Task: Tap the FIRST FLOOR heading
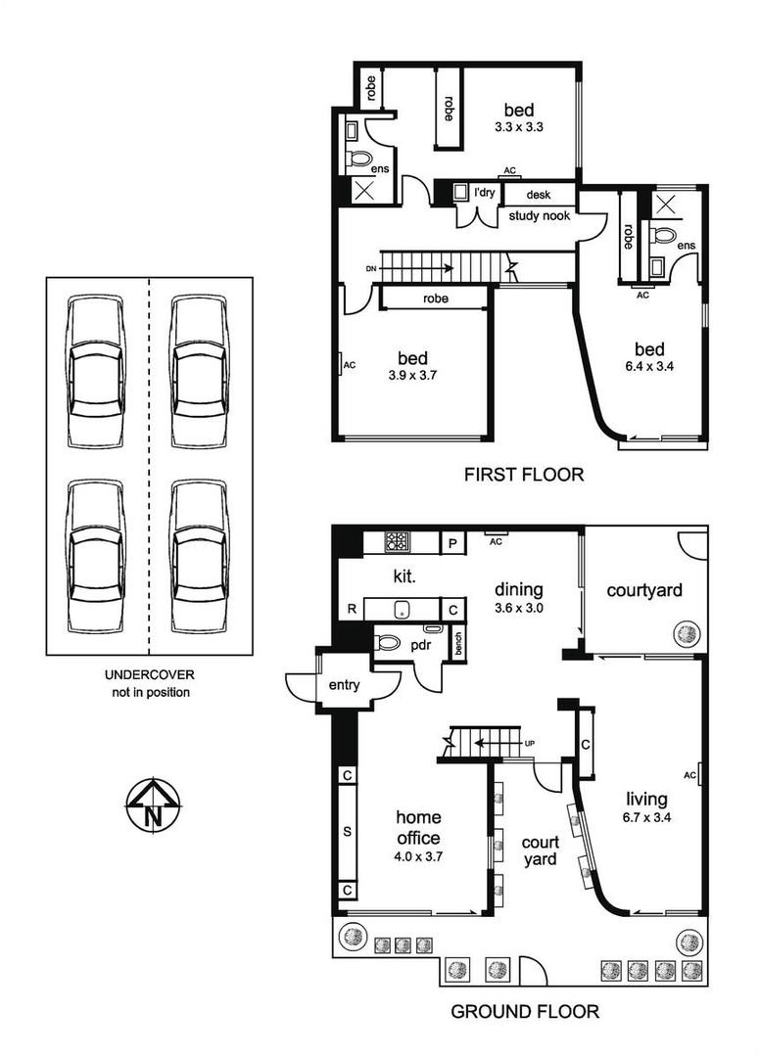524,475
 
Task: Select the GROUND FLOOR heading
525,1011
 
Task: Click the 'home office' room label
418,828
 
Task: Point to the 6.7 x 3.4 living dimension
646,817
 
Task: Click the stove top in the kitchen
397,540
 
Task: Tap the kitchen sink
403,609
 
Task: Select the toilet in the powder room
387,642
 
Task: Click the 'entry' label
344,685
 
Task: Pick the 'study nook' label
540,215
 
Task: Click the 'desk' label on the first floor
539,195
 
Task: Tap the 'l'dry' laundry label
484,193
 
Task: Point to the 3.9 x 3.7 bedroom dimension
412,376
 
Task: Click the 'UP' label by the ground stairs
530,743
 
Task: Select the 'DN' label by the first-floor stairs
371,269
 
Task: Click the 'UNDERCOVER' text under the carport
150,674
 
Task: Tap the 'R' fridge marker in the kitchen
352,609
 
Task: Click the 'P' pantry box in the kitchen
453,543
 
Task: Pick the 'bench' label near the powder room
458,644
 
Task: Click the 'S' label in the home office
348,832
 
